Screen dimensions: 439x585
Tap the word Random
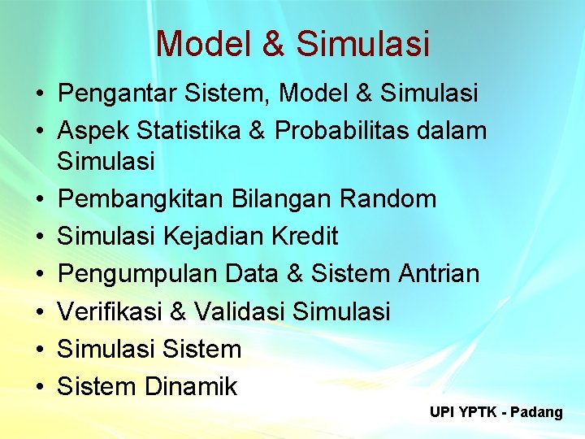click(x=388, y=199)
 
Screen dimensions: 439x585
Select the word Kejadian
click(x=214, y=237)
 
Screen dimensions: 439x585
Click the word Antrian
click(x=439, y=274)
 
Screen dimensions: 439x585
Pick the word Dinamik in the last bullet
click(x=191, y=386)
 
